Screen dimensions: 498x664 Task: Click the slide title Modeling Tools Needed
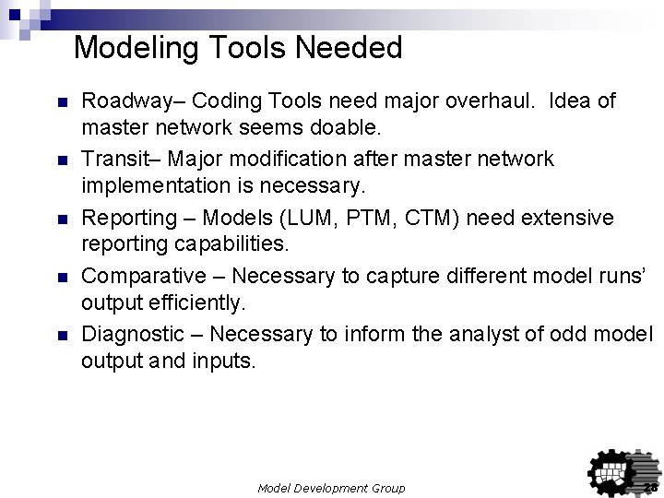(x=238, y=47)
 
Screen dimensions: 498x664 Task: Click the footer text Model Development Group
(x=331, y=487)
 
